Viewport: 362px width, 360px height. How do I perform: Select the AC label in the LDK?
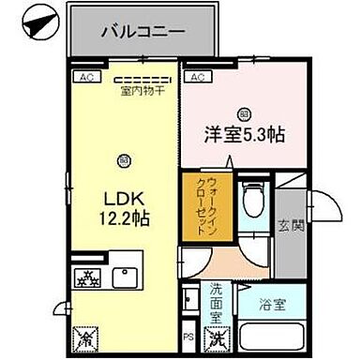pos(84,78)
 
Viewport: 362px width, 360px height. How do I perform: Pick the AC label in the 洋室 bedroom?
pos(199,78)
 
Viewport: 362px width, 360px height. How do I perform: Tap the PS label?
pos(188,336)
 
